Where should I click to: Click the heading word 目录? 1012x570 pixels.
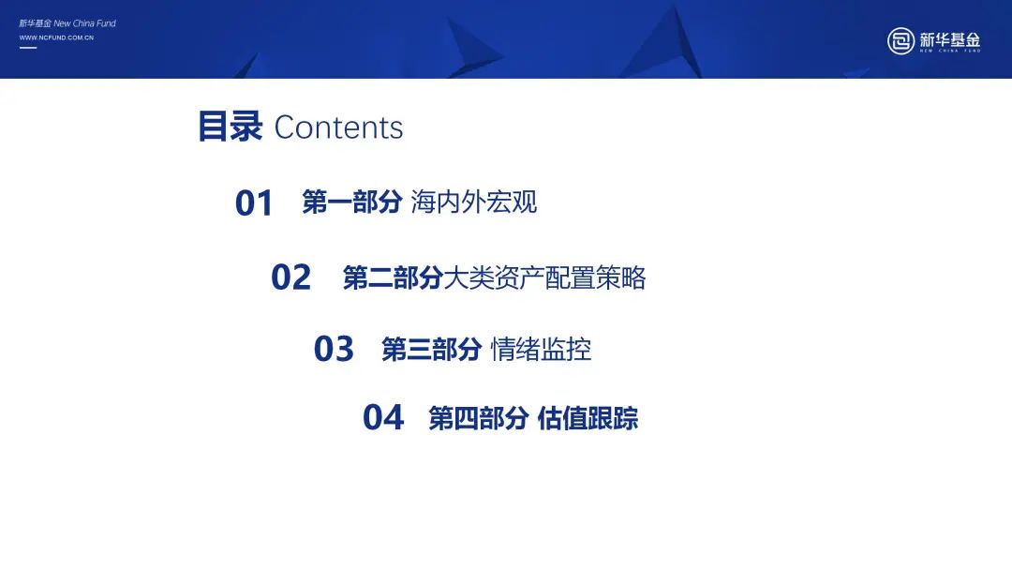(230, 127)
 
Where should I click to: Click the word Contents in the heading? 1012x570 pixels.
(338, 127)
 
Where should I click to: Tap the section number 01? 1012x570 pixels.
(254, 203)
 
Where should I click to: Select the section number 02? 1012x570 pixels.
(290, 277)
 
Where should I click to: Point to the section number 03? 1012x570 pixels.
(334, 350)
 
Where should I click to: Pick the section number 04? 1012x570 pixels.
(383, 417)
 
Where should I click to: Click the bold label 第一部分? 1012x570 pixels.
(351, 202)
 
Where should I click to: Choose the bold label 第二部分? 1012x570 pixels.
(393, 278)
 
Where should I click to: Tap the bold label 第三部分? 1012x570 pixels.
(432, 350)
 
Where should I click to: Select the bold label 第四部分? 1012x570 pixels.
(479, 418)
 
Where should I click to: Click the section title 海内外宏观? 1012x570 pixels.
(474, 202)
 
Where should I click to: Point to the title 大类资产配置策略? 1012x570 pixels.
(544, 278)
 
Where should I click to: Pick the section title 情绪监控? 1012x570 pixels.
(541, 350)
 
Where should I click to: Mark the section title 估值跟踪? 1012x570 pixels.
(588, 418)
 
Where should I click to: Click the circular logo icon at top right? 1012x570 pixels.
(900, 41)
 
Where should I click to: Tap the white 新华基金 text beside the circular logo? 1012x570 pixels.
(950, 39)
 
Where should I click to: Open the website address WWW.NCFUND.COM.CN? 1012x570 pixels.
(56, 37)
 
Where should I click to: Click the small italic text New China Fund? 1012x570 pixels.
(84, 23)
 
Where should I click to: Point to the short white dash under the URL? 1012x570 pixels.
(28, 48)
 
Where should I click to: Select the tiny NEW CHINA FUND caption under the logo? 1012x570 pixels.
(950, 51)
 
